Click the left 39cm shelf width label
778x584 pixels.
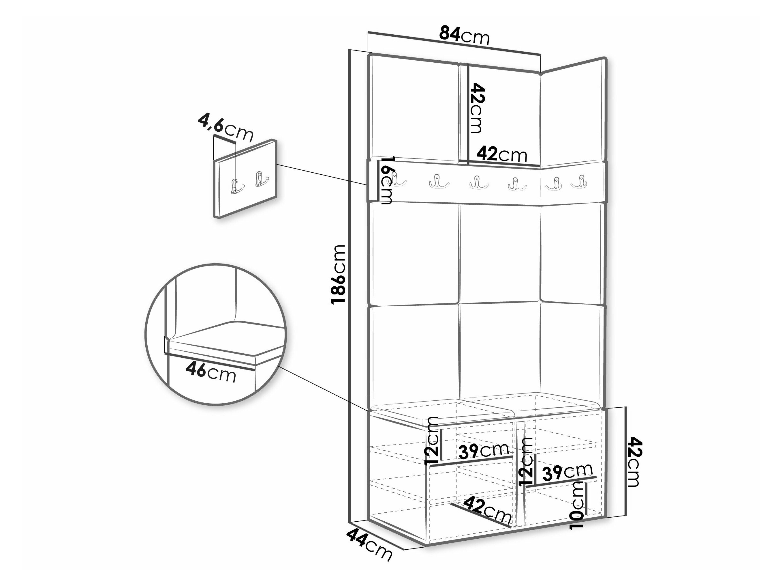484,451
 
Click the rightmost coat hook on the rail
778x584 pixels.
578,182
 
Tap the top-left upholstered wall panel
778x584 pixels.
415,107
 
